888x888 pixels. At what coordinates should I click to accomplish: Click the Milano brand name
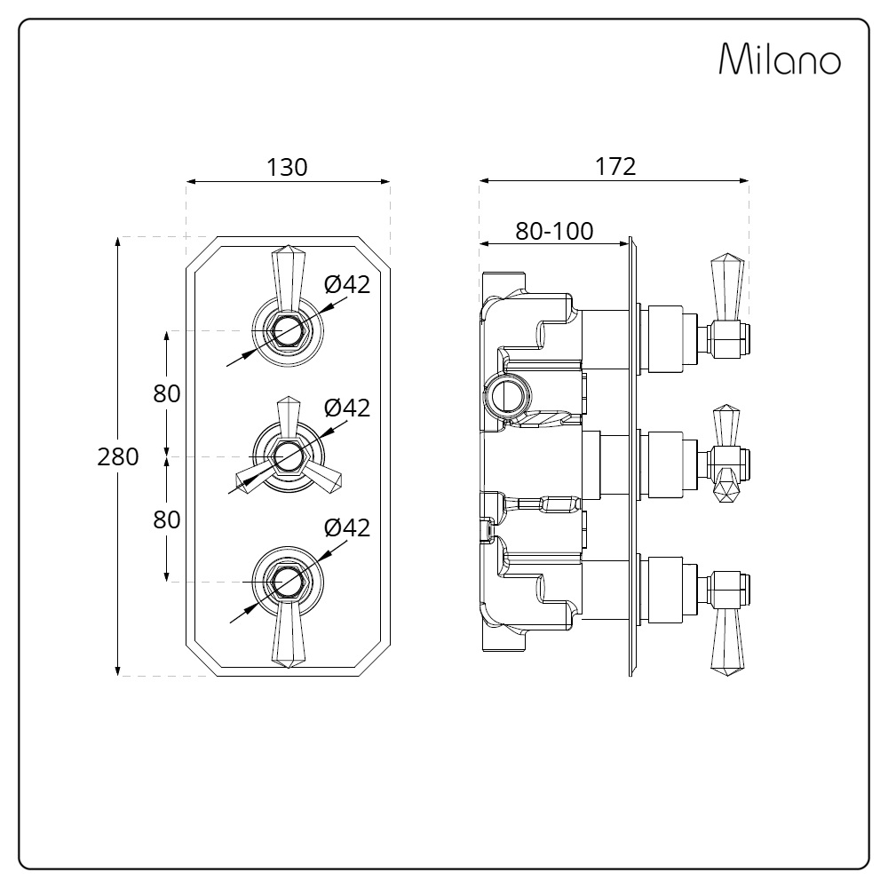tap(780, 59)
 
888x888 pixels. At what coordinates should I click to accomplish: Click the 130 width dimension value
tap(287, 167)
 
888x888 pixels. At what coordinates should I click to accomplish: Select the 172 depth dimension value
tap(615, 167)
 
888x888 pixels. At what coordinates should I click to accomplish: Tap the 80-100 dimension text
tap(554, 231)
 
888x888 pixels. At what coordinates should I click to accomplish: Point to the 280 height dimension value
tap(118, 456)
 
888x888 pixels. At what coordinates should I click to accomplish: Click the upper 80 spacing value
tap(167, 393)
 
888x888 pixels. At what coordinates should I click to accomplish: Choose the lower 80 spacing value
tap(167, 519)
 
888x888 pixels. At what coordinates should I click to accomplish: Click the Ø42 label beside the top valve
tap(347, 284)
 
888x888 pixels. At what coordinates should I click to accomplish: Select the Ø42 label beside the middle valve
tap(347, 408)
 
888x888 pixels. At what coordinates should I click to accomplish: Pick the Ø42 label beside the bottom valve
tap(347, 527)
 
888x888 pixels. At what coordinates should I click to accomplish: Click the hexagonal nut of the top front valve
tap(289, 330)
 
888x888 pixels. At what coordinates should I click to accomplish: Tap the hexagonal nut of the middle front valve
tap(289, 457)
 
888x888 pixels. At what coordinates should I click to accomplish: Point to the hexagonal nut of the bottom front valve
tap(289, 582)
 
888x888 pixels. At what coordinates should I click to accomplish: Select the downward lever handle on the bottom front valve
tap(289, 635)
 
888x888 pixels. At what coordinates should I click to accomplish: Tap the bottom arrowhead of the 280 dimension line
tap(118, 671)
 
